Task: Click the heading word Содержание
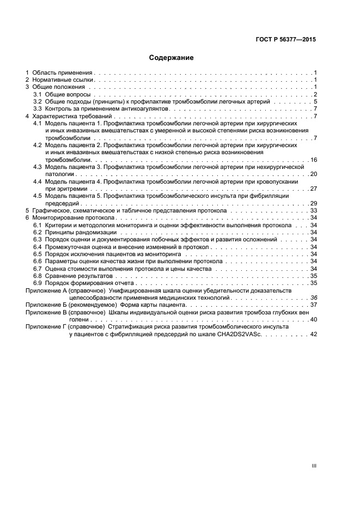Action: tap(172, 57)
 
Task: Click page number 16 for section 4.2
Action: tap(313, 160)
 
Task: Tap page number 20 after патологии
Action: tap(313, 174)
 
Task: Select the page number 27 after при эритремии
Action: tap(313, 189)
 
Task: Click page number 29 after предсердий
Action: tap(313, 203)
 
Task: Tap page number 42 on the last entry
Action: tap(313, 334)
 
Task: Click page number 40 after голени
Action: tap(313, 319)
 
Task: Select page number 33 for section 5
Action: tap(313, 210)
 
